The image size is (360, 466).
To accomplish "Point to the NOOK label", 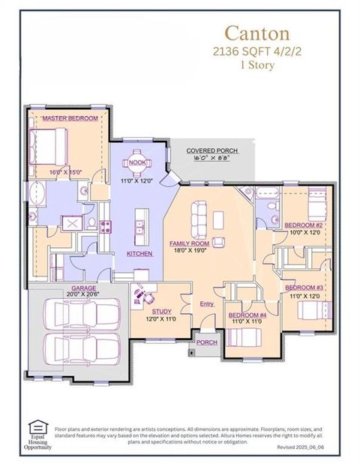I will click(137, 162).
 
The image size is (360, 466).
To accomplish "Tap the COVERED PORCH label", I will click(211, 151).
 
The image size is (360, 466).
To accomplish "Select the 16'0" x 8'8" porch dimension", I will click(211, 159).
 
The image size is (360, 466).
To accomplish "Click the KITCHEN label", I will click(139, 254).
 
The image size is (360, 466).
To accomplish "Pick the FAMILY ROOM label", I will click(188, 244).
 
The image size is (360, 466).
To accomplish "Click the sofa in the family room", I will click(200, 220).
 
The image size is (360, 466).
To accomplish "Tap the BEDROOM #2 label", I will click(303, 225).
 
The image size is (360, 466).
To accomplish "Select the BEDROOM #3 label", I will click(303, 288).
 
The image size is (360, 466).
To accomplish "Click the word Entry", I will click(207, 303).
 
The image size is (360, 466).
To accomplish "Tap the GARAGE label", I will click(82, 288).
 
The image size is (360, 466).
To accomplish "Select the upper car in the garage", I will click(82, 315).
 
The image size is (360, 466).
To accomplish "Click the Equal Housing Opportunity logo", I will click(37, 433).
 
